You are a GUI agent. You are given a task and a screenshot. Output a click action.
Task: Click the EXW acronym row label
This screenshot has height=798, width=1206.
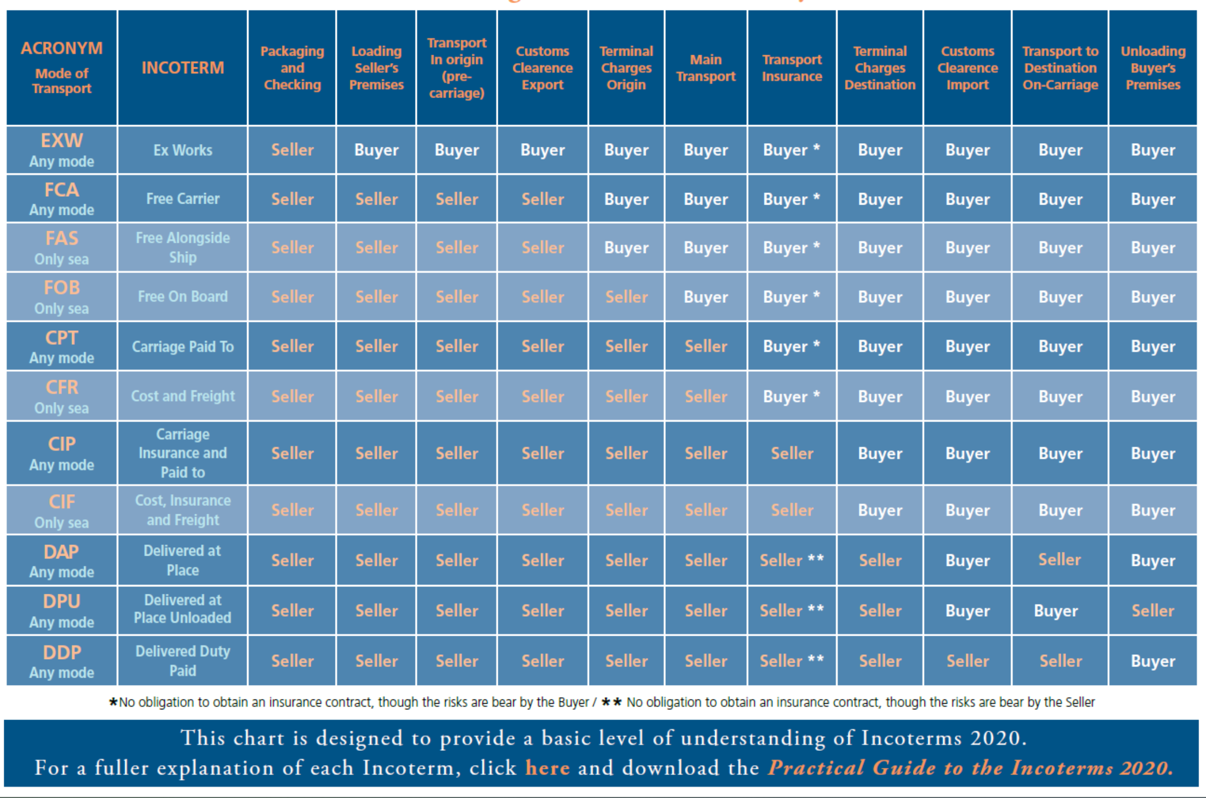click(x=61, y=149)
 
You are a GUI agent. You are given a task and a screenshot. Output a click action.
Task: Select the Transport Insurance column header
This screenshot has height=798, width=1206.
click(x=791, y=68)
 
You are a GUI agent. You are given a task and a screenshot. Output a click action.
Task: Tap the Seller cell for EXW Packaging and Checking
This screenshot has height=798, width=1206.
click(x=292, y=150)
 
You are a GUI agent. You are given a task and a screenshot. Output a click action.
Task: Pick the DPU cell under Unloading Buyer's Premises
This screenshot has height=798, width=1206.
click(x=1152, y=611)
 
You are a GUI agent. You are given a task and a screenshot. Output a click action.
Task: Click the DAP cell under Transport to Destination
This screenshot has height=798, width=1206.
click(x=1059, y=560)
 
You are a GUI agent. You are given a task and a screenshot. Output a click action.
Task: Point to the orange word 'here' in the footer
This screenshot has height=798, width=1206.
click(x=547, y=768)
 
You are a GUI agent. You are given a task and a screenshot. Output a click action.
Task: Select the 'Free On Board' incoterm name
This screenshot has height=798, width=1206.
click(x=182, y=296)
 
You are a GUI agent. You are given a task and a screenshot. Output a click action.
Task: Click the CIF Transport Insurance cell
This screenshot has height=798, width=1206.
click(x=791, y=510)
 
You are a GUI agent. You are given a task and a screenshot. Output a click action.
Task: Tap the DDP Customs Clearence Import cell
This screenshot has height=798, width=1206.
click(x=967, y=661)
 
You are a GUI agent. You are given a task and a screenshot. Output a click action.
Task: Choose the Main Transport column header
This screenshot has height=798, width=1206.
click(x=706, y=68)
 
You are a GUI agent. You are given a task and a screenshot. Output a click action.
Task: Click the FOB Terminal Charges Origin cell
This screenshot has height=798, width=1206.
click(x=626, y=297)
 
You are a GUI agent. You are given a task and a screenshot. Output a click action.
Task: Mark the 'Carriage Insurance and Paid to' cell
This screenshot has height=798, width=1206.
click(x=182, y=453)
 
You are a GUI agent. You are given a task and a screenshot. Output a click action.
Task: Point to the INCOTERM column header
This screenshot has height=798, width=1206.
click(x=182, y=68)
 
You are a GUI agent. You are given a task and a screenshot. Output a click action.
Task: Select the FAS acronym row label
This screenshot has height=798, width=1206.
click(x=61, y=247)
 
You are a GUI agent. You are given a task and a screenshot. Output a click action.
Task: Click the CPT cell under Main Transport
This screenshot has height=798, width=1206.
click(x=706, y=347)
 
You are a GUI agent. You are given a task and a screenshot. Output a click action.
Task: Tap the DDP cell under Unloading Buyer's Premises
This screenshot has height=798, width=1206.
click(x=1152, y=661)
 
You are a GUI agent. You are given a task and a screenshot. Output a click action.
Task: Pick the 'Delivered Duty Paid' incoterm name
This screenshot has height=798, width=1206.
click(x=182, y=661)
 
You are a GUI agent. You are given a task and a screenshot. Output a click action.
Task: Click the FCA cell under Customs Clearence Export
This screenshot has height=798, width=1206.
click(x=542, y=199)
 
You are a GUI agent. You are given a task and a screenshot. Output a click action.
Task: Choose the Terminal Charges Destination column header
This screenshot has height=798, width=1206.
click(x=879, y=68)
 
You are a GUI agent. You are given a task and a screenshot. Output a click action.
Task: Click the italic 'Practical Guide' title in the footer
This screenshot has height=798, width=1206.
click(x=970, y=768)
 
